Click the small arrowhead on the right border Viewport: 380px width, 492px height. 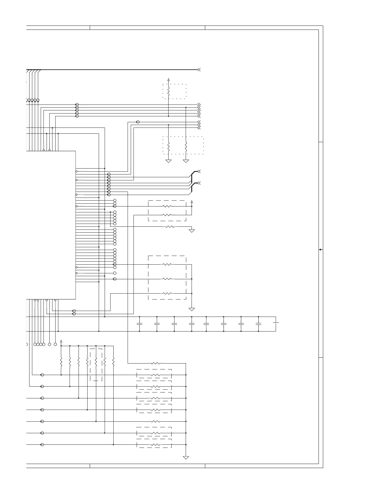click(320, 250)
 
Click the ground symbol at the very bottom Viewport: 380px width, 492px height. click(186, 457)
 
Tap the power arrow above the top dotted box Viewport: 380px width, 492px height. click(168, 80)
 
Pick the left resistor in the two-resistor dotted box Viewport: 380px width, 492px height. click(168, 146)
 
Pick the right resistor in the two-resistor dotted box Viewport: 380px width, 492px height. click(186, 146)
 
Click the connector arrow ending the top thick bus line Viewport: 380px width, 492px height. click(199, 70)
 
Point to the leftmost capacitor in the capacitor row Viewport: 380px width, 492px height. click(139, 324)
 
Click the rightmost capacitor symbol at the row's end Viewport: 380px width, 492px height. click(276, 323)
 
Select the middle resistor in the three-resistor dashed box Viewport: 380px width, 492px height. click(167, 279)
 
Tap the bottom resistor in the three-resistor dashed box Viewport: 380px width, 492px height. click(167, 293)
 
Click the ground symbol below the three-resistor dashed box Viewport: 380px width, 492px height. click(192, 309)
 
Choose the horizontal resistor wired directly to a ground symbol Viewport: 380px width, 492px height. click(170, 227)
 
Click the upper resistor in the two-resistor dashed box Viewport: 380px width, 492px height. click(167, 206)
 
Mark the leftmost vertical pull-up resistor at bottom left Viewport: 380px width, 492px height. click(61, 362)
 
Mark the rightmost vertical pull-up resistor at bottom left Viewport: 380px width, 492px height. click(113, 362)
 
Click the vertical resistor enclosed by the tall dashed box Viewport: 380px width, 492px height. click(96, 362)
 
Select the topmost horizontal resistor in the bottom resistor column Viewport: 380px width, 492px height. click(156, 363)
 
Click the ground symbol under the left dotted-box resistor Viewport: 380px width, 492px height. click(168, 161)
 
